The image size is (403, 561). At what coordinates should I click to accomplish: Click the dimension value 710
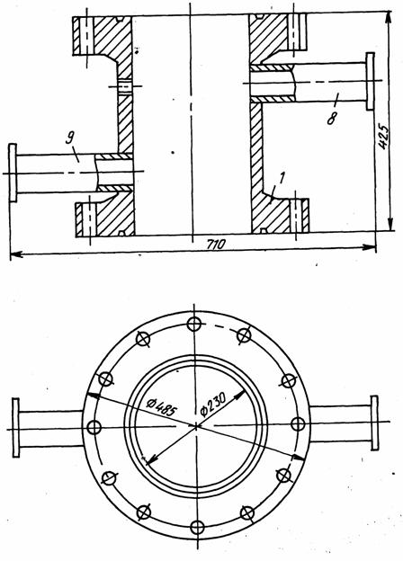pyautogui.click(x=217, y=245)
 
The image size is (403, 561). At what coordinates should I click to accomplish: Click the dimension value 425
pyautogui.click(x=383, y=137)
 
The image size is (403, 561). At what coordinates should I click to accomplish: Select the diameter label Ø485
pyautogui.click(x=161, y=407)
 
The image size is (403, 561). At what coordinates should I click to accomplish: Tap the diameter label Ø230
pyautogui.click(x=213, y=405)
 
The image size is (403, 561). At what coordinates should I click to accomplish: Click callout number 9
pyautogui.click(x=70, y=138)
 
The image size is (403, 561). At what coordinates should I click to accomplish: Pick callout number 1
pyautogui.click(x=282, y=178)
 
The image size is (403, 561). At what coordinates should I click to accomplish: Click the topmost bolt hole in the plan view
pyautogui.click(x=194, y=325)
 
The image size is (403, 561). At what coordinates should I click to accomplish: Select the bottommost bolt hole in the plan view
pyautogui.click(x=197, y=527)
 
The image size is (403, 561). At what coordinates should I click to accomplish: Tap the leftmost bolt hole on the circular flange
pyautogui.click(x=94, y=427)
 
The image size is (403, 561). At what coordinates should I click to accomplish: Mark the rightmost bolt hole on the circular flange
pyautogui.click(x=298, y=424)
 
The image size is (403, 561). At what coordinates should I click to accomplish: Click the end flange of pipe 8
pyautogui.click(x=370, y=81)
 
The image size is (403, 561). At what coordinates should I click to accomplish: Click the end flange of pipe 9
pyautogui.click(x=13, y=173)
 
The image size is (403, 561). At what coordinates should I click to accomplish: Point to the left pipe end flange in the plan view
pyautogui.click(x=16, y=428)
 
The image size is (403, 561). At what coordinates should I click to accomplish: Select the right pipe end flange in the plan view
pyautogui.click(x=374, y=423)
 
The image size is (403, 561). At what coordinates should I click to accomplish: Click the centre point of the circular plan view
pyautogui.click(x=196, y=426)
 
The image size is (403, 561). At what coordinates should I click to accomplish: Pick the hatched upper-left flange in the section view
pyautogui.click(x=103, y=36)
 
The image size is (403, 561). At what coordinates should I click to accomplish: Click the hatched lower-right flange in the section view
pyautogui.click(x=280, y=216)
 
